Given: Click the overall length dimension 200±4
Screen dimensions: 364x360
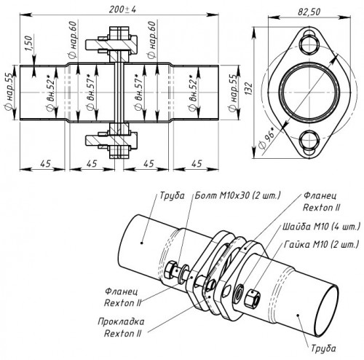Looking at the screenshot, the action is tap(122, 9).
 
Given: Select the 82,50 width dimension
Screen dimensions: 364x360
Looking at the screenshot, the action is tap(309, 12).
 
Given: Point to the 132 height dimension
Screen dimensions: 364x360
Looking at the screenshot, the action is tap(249, 89).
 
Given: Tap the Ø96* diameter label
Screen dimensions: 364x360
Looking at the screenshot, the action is tap(267, 138).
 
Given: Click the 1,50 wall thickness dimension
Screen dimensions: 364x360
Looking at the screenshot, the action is tap(28, 43).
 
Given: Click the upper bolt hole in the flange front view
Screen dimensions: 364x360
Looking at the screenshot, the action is tap(309, 43).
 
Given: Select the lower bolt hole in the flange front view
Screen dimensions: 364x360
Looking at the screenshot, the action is tap(309, 142).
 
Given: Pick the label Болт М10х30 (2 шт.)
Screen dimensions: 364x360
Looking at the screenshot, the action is tap(237, 195).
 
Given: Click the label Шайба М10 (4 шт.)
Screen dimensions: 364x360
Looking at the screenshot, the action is tap(321, 227).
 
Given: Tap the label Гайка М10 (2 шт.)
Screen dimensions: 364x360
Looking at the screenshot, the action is tap(321, 244).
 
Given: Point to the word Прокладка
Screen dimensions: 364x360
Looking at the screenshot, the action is tap(121, 322).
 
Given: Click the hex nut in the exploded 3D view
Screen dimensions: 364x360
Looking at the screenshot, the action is tap(252, 298).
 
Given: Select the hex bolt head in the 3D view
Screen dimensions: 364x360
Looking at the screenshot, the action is tap(170, 271).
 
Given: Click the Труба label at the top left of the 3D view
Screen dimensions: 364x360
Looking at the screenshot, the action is tap(172, 196).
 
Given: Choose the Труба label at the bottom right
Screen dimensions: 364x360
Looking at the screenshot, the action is tap(323, 348).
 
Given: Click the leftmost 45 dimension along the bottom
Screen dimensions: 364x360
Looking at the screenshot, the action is tap(46, 164).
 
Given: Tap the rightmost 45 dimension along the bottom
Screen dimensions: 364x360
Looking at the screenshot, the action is tap(197, 164).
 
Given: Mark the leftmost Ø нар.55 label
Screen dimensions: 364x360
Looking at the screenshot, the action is tap(9, 93).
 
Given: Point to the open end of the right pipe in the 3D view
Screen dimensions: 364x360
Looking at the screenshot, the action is tap(328, 312).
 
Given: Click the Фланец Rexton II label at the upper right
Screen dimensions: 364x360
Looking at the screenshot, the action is tap(321, 202).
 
